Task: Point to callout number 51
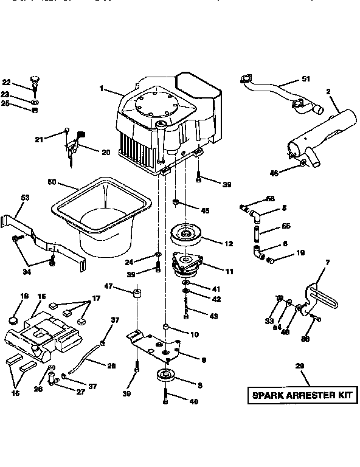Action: pyautogui.click(x=306, y=79)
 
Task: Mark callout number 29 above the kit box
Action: pyautogui.click(x=301, y=366)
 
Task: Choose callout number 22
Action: pyautogui.click(x=7, y=83)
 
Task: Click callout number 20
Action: pyautogui.click(x=106, y=152)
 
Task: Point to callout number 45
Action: pyautogui.click(x=205, y=210)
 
